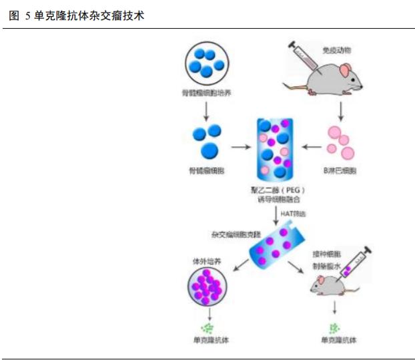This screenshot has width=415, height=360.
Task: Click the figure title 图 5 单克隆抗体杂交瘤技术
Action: pos(77,15)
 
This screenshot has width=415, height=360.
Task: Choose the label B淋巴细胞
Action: pos(340,172)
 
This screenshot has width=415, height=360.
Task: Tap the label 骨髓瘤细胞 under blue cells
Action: pos(206,172)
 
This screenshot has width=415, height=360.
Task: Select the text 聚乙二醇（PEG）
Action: pos(275,190)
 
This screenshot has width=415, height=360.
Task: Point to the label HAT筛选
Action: pos(293,213)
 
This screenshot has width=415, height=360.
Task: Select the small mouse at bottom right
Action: pos(328,287)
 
